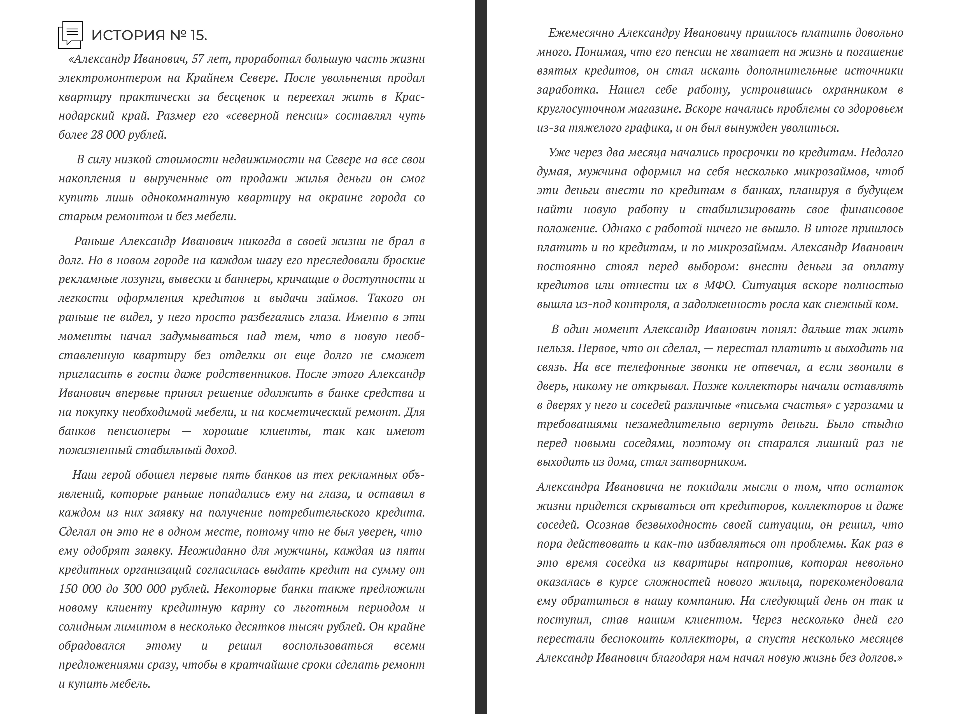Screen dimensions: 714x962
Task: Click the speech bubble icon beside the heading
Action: (x=70, y=34)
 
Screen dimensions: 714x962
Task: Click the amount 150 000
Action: (x=83, y=589)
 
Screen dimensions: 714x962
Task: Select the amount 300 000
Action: (x=144, y=589)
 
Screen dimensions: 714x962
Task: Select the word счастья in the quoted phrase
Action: (x=806, y=405)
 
